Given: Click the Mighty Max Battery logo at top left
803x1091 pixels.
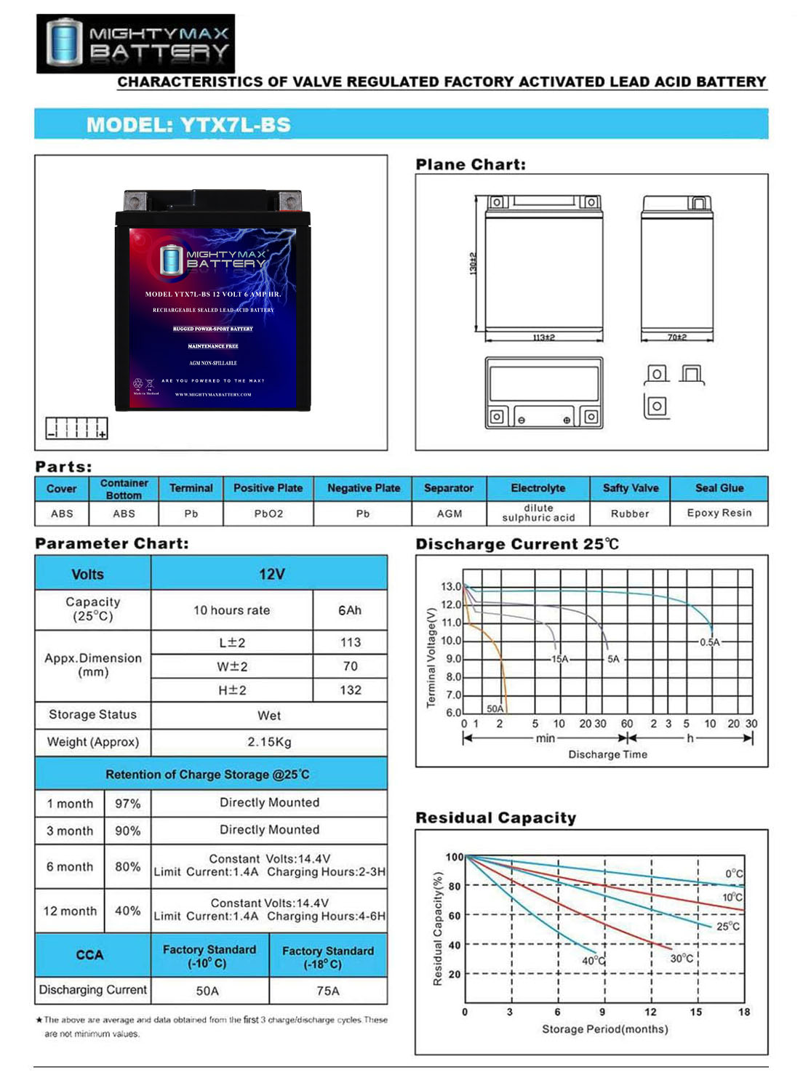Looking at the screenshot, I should (136, 43).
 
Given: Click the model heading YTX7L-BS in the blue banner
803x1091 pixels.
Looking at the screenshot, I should (188, 124).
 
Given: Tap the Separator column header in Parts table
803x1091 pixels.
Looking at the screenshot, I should (449, 488).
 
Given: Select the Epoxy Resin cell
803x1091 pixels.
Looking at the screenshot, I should (719, 513).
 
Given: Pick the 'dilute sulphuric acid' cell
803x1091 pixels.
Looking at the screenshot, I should (538, 513).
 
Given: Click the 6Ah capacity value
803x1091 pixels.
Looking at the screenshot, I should (350, 610).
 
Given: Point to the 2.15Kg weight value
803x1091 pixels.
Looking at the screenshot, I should (269, 742).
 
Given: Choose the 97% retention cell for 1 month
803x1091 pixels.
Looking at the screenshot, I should (127, 804).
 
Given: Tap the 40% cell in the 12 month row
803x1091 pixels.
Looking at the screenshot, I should (127, 911).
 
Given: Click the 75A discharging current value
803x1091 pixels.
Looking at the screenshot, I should (328, 991).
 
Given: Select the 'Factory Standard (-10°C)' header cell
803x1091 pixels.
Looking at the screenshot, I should (209, 956).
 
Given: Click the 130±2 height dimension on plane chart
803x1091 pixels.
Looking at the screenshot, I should (474, 263).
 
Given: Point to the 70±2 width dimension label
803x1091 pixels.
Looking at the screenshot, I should (677, 337).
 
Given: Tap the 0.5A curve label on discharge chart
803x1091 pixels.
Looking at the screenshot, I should (709, 642).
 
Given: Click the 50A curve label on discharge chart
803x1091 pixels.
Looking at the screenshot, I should (495, 708).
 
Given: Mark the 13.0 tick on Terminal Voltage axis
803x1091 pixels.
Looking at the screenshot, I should (450, 586).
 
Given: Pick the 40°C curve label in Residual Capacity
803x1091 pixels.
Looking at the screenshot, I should (594, 960).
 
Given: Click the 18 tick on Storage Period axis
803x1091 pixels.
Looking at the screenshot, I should (744, 1012).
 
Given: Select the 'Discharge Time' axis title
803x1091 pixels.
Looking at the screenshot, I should (607, 754).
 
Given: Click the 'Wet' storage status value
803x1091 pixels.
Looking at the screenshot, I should (269, 716).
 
